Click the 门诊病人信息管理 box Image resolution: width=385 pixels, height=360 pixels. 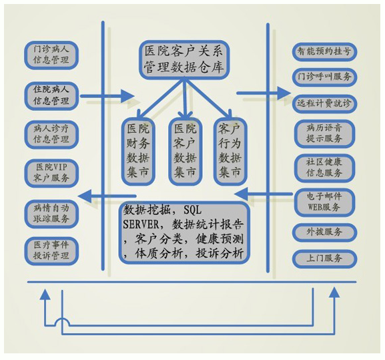[51, 55]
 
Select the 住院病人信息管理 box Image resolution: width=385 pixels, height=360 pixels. [51, 96]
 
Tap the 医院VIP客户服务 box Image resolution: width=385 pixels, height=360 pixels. [51, 173]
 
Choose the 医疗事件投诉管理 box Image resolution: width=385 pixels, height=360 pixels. [51, 251]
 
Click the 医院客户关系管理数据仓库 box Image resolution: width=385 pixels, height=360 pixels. [184, 59]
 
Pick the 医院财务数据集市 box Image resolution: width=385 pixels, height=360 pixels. [138, 151]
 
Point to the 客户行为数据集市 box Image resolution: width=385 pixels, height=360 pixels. [230, 151]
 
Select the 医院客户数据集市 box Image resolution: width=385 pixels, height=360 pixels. [185, 151]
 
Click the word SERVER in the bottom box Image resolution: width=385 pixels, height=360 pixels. [141, 224]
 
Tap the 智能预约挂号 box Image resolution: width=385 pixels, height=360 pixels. [324, 51]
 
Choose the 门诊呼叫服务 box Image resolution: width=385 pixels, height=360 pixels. [324, 77]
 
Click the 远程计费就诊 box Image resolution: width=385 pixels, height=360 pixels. [324, 104]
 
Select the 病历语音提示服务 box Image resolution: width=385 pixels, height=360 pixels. [324, 134]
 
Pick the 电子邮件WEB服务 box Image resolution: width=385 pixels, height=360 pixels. [324, 202]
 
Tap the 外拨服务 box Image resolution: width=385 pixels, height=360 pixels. [324, 232]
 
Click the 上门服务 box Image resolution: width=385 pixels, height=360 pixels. [324, 258]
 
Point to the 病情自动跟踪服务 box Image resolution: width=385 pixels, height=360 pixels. [51, 214]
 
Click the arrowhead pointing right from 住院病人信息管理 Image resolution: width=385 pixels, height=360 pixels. [128, 96]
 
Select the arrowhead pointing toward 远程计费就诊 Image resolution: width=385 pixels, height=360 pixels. [284, 93]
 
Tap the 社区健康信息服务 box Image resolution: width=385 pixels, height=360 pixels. [324, 168]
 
